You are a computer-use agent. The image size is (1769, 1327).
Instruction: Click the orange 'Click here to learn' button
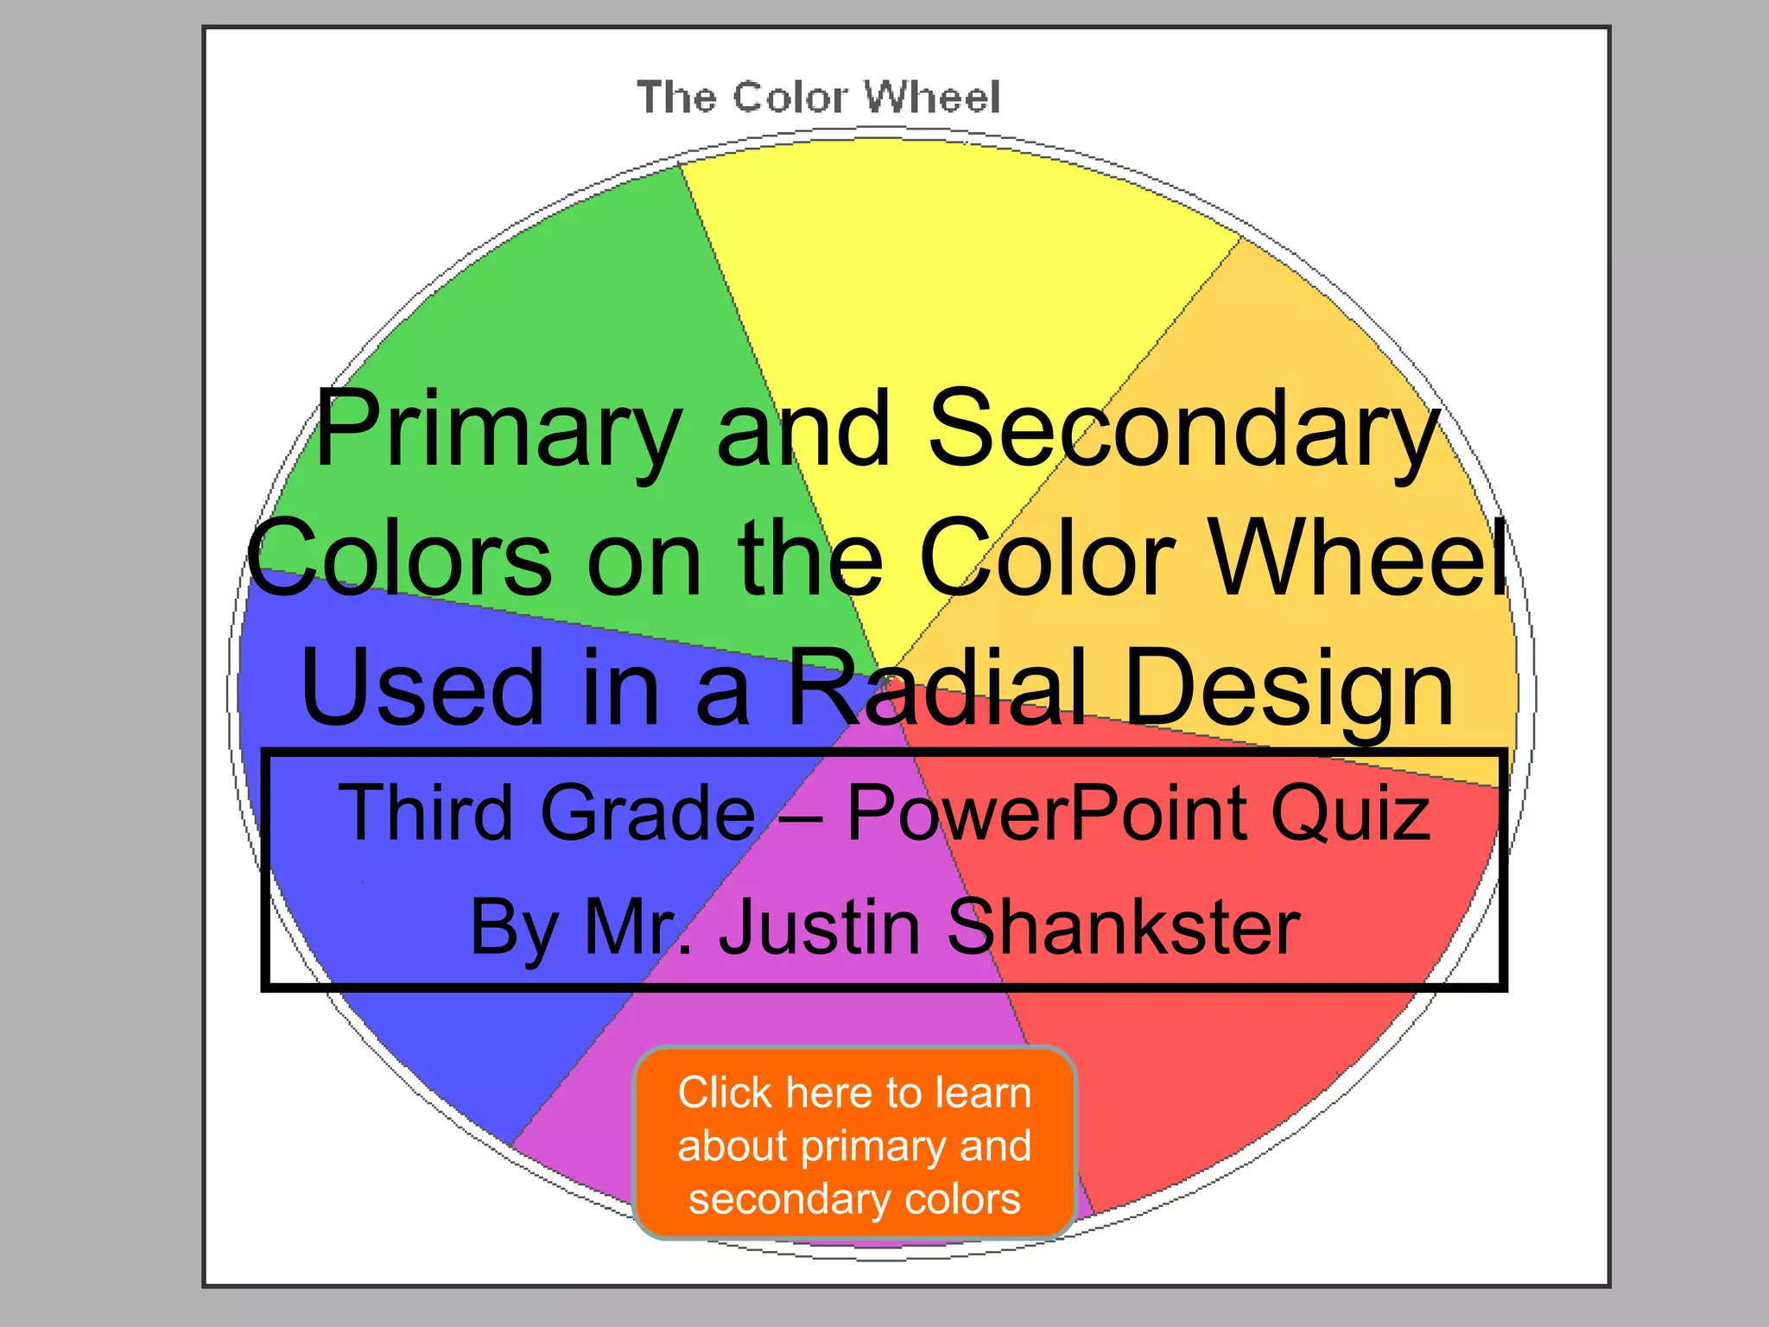coord(854,1144)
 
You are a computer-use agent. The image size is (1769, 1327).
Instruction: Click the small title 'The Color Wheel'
coord(819,97)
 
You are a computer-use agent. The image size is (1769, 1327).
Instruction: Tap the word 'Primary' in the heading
coord(498,429)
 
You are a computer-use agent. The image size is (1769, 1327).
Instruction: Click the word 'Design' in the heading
coord(1290,688)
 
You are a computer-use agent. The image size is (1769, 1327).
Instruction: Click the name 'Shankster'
coord(1124,926)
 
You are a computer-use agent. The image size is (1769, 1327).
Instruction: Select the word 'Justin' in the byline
coord(820,926)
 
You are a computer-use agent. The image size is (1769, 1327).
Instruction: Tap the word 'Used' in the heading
coord(422,688)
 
